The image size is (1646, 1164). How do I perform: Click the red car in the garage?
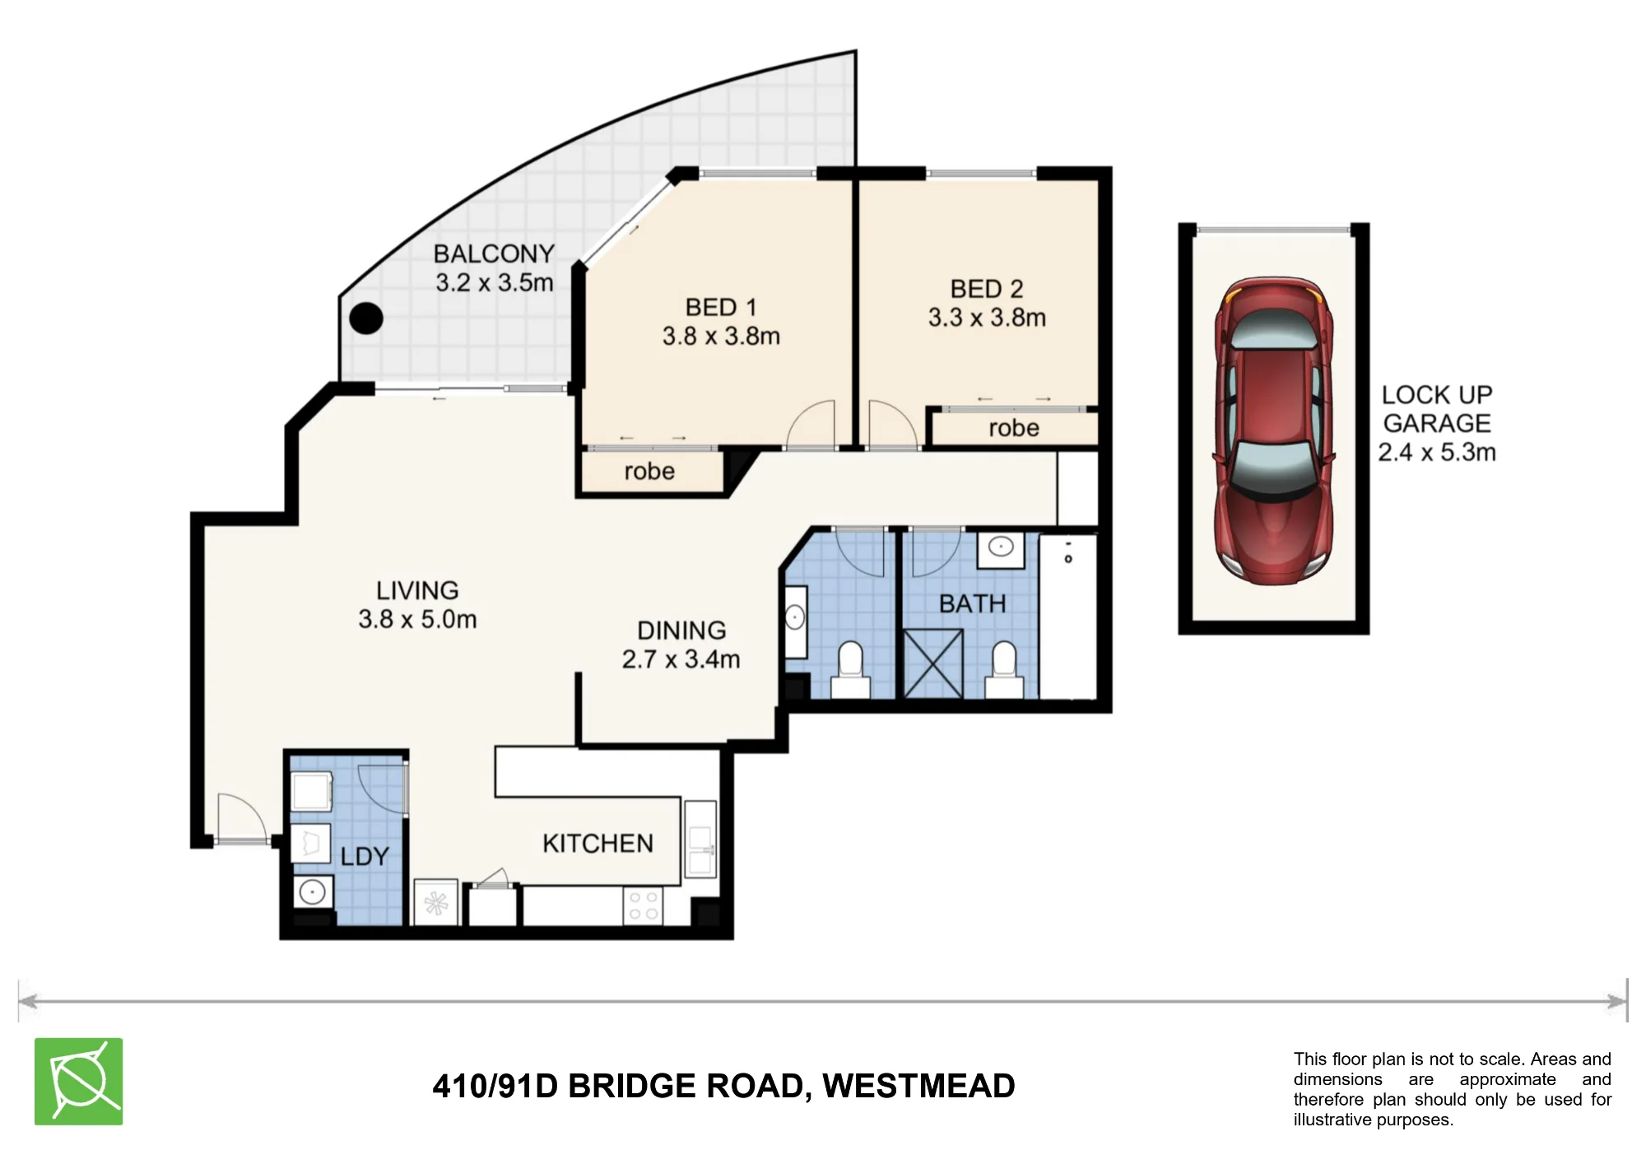(x=1273, y=431)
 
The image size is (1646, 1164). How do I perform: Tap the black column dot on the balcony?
(x=366, y=318)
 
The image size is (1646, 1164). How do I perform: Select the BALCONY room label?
(x=494, y=254)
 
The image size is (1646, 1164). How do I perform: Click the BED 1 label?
(x=721, y=307)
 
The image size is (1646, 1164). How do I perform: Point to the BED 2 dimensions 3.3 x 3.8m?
(x=987, y=318)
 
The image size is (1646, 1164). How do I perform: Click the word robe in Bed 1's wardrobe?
(x=649, y=471)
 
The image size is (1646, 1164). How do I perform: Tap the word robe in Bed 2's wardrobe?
(x=1014, y=428)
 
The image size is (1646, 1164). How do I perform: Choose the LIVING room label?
(x=417, y=590)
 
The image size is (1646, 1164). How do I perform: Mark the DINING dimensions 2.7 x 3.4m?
(x=681, y=659)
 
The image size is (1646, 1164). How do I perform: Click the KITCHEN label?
(x=597, y=843)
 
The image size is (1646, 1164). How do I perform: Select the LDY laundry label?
(x=364, y=856)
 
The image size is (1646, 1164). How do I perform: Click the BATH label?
(x=972, y=603)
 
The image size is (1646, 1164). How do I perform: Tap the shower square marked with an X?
(x=933, y=663)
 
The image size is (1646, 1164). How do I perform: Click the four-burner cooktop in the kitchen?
(x=644, y=906)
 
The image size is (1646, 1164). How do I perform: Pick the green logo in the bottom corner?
(x=79, y=1082)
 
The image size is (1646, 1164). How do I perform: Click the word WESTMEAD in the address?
(x=918, y=1087)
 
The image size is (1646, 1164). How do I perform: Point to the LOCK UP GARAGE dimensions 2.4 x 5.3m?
(x=1437, y=452)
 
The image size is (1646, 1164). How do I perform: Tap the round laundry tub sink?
(x=312, y=892)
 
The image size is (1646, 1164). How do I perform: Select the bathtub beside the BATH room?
(x=1068, y=617)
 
